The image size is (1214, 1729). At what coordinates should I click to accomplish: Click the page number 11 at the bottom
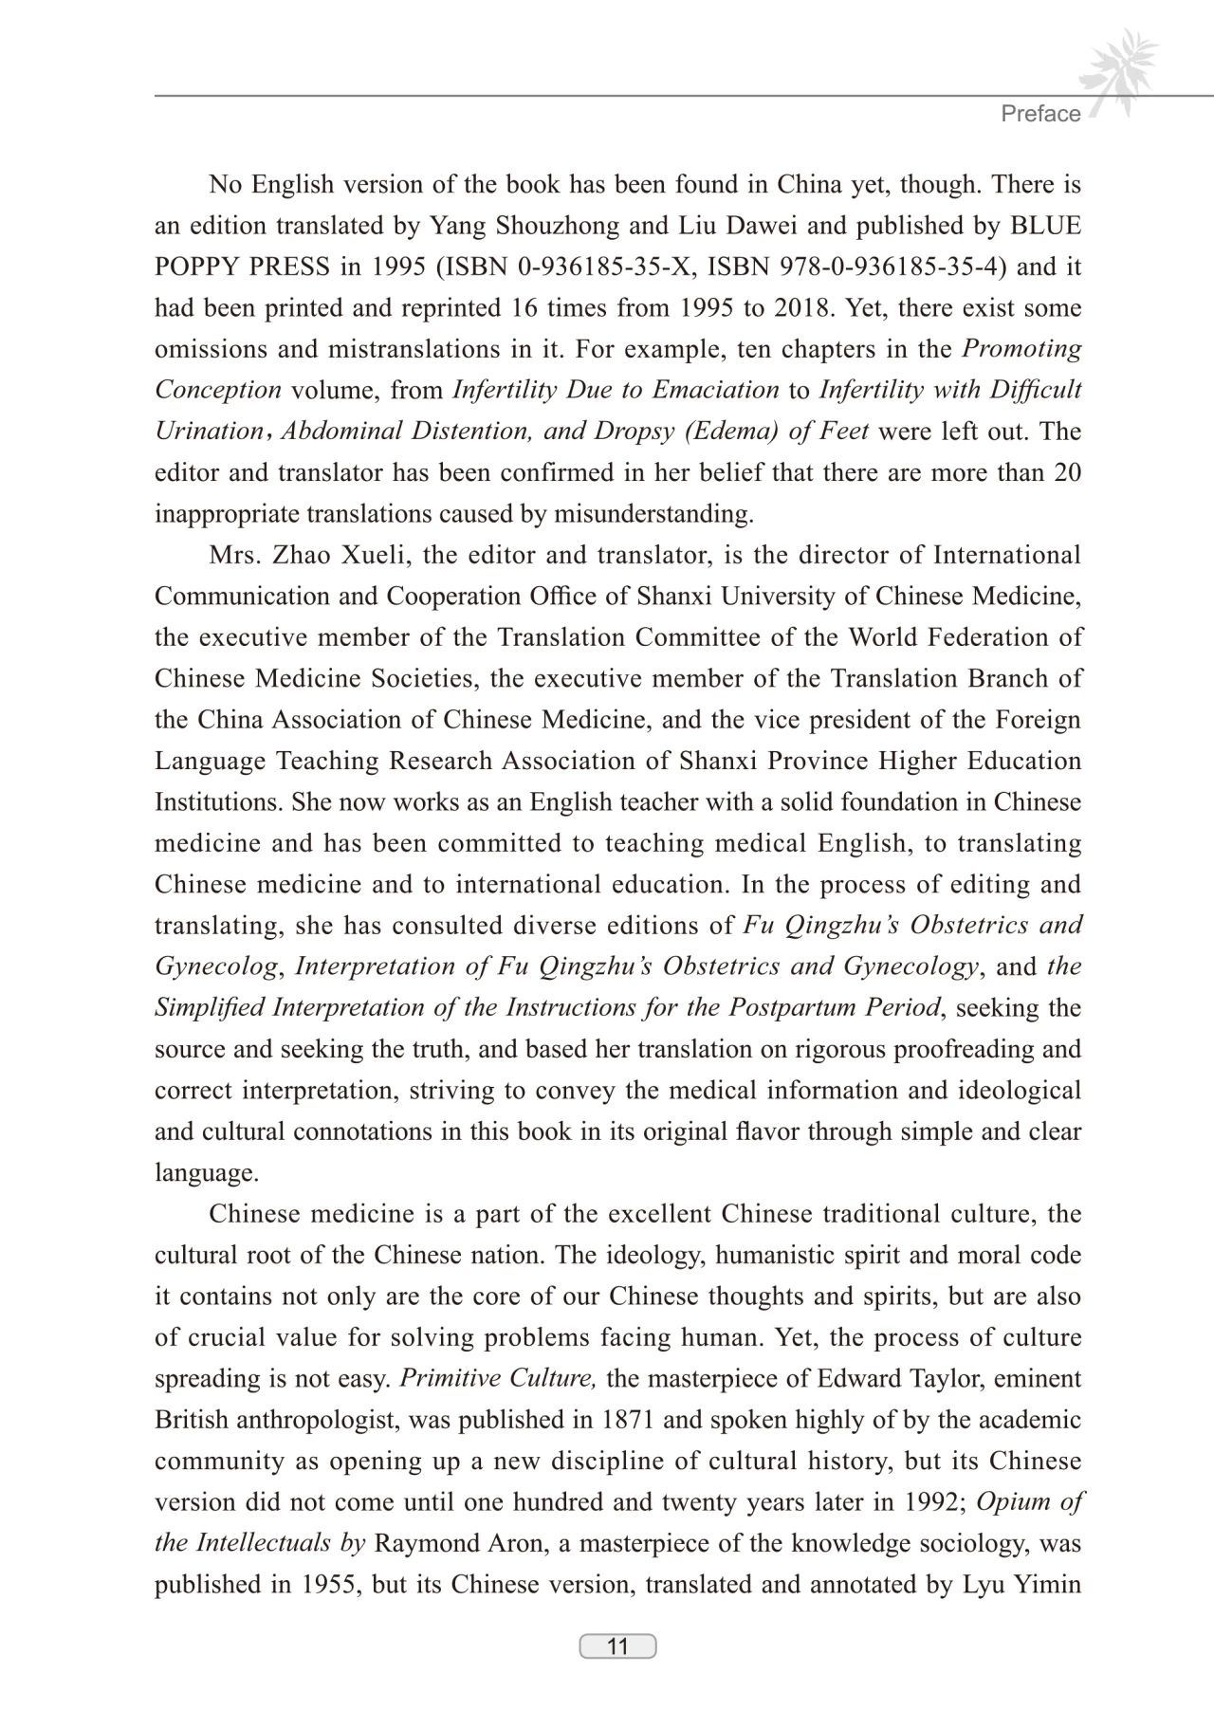coord(617,1646)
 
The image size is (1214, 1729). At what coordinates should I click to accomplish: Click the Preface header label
coord(1040,114)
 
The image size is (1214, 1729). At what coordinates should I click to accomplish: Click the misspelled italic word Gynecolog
coord(217,966)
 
